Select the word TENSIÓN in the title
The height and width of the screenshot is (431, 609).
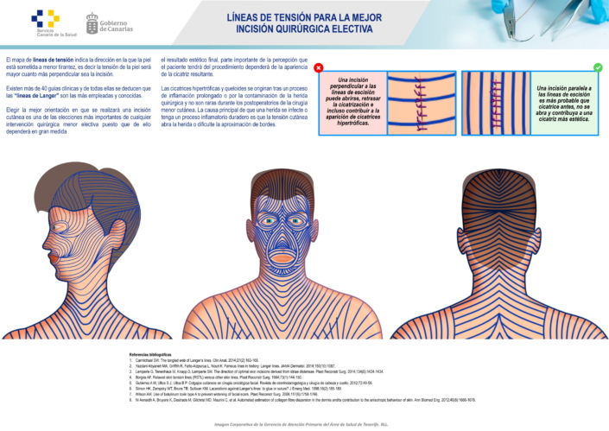tap(282, 16)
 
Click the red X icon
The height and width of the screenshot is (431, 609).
tap(319, 67)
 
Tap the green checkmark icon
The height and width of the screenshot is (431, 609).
tap(597, 67)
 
